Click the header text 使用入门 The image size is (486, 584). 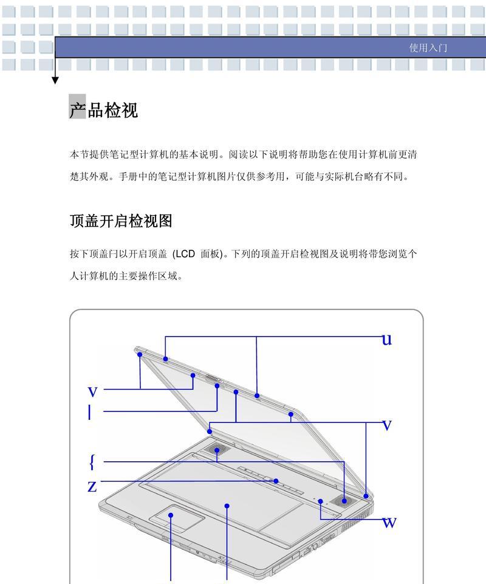428,47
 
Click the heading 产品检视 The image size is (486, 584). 103,110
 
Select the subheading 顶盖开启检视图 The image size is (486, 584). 121,221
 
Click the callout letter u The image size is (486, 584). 386,339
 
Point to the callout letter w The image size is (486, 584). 389,523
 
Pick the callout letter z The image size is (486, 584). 92,486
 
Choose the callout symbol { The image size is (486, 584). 92,461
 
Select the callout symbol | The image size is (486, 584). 89,412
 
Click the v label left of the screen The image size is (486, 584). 92,392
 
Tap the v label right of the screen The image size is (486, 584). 387,425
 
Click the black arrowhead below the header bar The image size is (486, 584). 55,80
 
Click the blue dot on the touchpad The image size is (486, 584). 171,515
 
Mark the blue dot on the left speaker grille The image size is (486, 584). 217,450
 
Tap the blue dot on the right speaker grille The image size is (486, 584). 344,501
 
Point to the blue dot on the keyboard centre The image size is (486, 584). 227,506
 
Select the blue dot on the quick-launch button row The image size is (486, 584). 276,481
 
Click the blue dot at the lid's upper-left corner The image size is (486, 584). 140,354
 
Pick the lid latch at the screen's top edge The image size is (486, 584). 213,379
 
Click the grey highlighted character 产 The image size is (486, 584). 78,107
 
